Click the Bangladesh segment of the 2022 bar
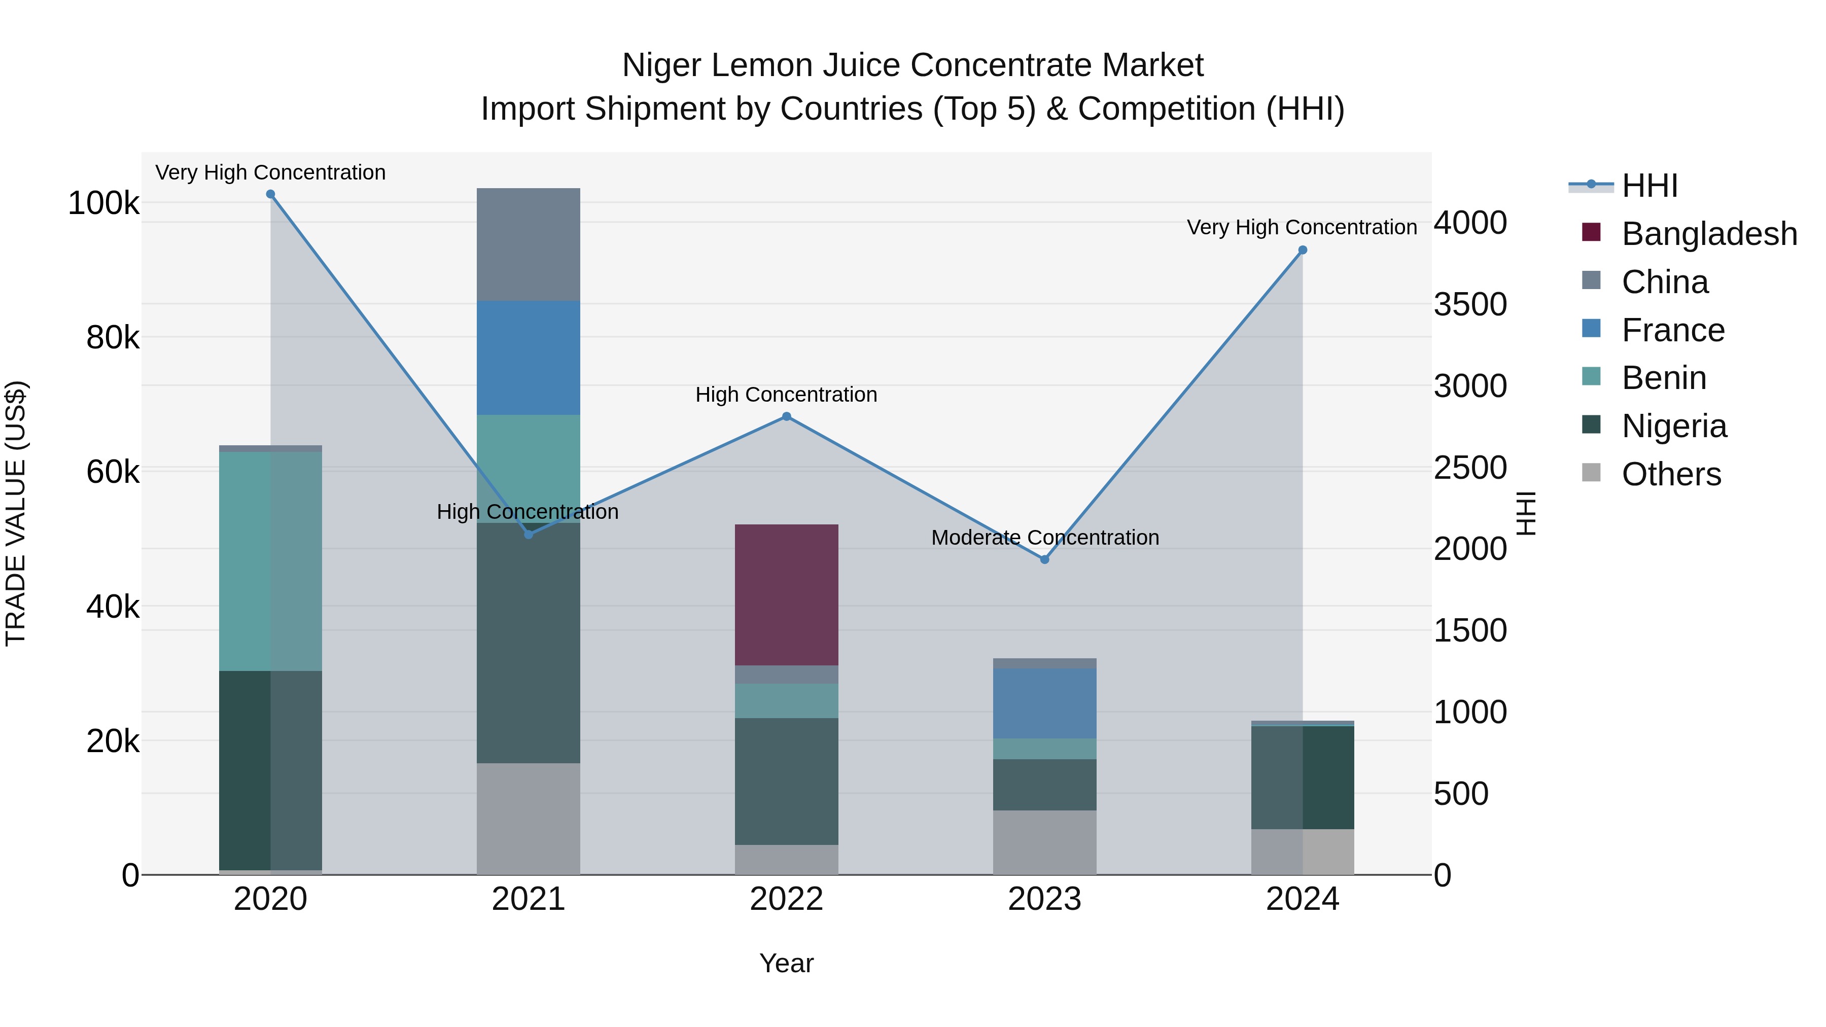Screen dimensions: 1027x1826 [x=786, y=595]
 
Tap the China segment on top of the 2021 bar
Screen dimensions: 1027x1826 [x=528, y=244]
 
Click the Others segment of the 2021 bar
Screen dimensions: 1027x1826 [x=528, y=819]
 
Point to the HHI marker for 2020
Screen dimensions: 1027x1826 [x=270, y=194]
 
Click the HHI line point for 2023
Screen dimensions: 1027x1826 [x=1044, y=559]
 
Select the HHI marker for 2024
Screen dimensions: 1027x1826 [x=1302, y=250]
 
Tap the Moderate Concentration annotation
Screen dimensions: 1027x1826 [x=1045, y=537]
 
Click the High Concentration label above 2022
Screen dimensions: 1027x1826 [x=786, y=394]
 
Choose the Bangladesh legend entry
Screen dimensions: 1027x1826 [x=1708, y=234]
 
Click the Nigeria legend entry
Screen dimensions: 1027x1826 [x=1674, y=426]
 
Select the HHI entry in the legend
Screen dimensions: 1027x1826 [x=1649, y=186]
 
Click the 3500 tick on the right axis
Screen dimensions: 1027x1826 [x=1469, y=304]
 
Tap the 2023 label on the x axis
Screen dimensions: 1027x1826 [x=1044, y=899]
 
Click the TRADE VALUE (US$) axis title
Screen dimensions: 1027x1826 [x=16, y=513]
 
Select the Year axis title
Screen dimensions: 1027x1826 [x=786, y=963]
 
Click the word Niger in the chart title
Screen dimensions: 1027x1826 [x=662, y=65]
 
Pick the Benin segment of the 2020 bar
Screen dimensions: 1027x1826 [x=270, y=560]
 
